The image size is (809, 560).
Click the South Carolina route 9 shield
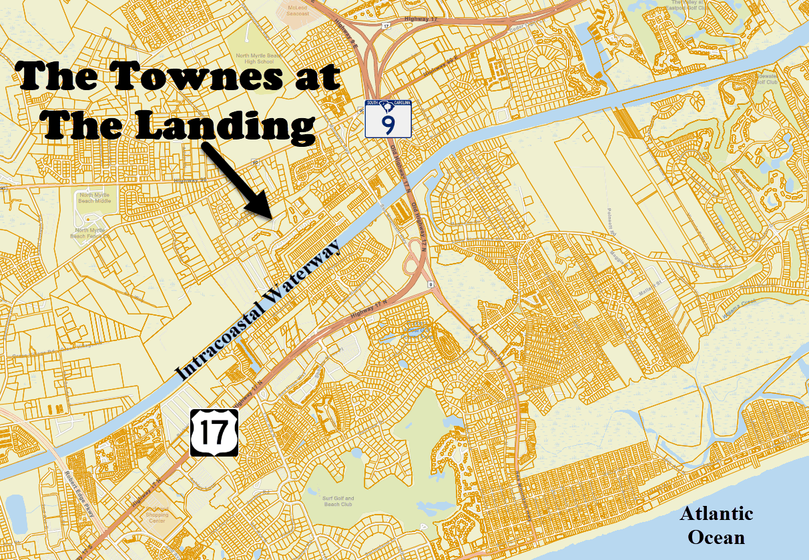[388, 119]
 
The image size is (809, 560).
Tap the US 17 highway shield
[214, 433]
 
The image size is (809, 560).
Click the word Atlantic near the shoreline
[716, 513]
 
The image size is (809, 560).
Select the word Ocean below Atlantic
[717, 536]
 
